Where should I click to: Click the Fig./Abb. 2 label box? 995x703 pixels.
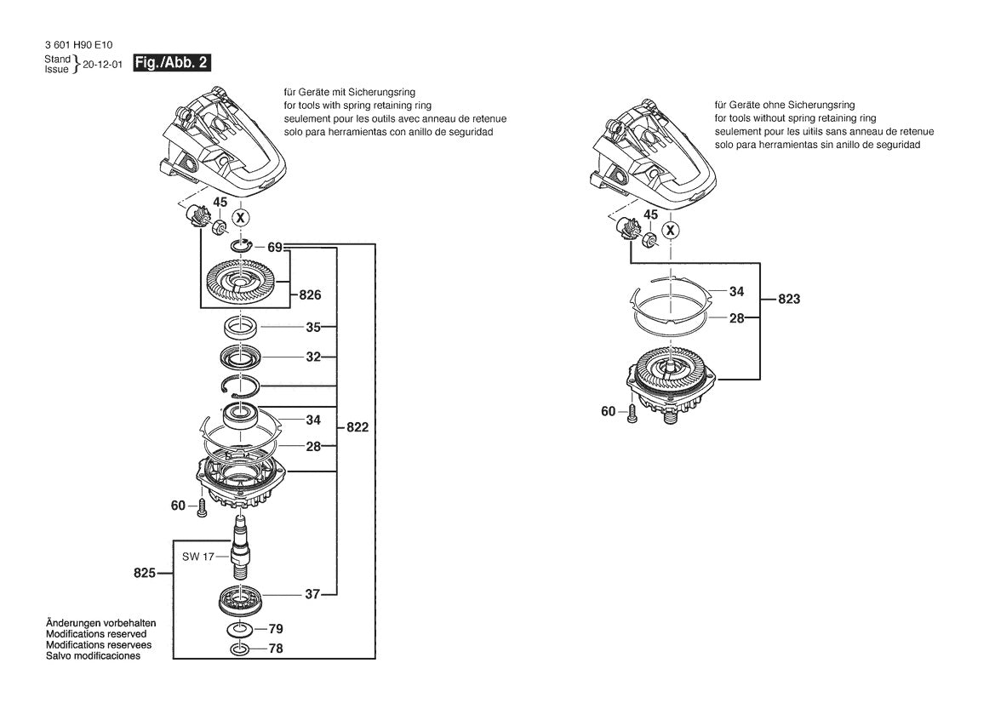172,64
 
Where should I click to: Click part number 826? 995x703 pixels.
310,296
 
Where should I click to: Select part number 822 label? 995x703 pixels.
357,428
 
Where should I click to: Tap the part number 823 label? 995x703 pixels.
789,300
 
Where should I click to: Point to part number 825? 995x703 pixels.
145,574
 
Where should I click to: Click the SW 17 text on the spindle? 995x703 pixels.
197,557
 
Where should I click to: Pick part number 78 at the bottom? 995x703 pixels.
276,649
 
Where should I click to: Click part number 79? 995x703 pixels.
276,629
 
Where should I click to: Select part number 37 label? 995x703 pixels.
312,594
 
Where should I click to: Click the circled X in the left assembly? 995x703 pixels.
242,218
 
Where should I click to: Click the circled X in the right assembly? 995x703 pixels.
672,231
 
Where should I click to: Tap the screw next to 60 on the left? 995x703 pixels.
202,508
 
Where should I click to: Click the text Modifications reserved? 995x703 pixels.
96,634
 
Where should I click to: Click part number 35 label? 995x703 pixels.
313,326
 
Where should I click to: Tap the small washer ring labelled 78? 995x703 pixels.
241,649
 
